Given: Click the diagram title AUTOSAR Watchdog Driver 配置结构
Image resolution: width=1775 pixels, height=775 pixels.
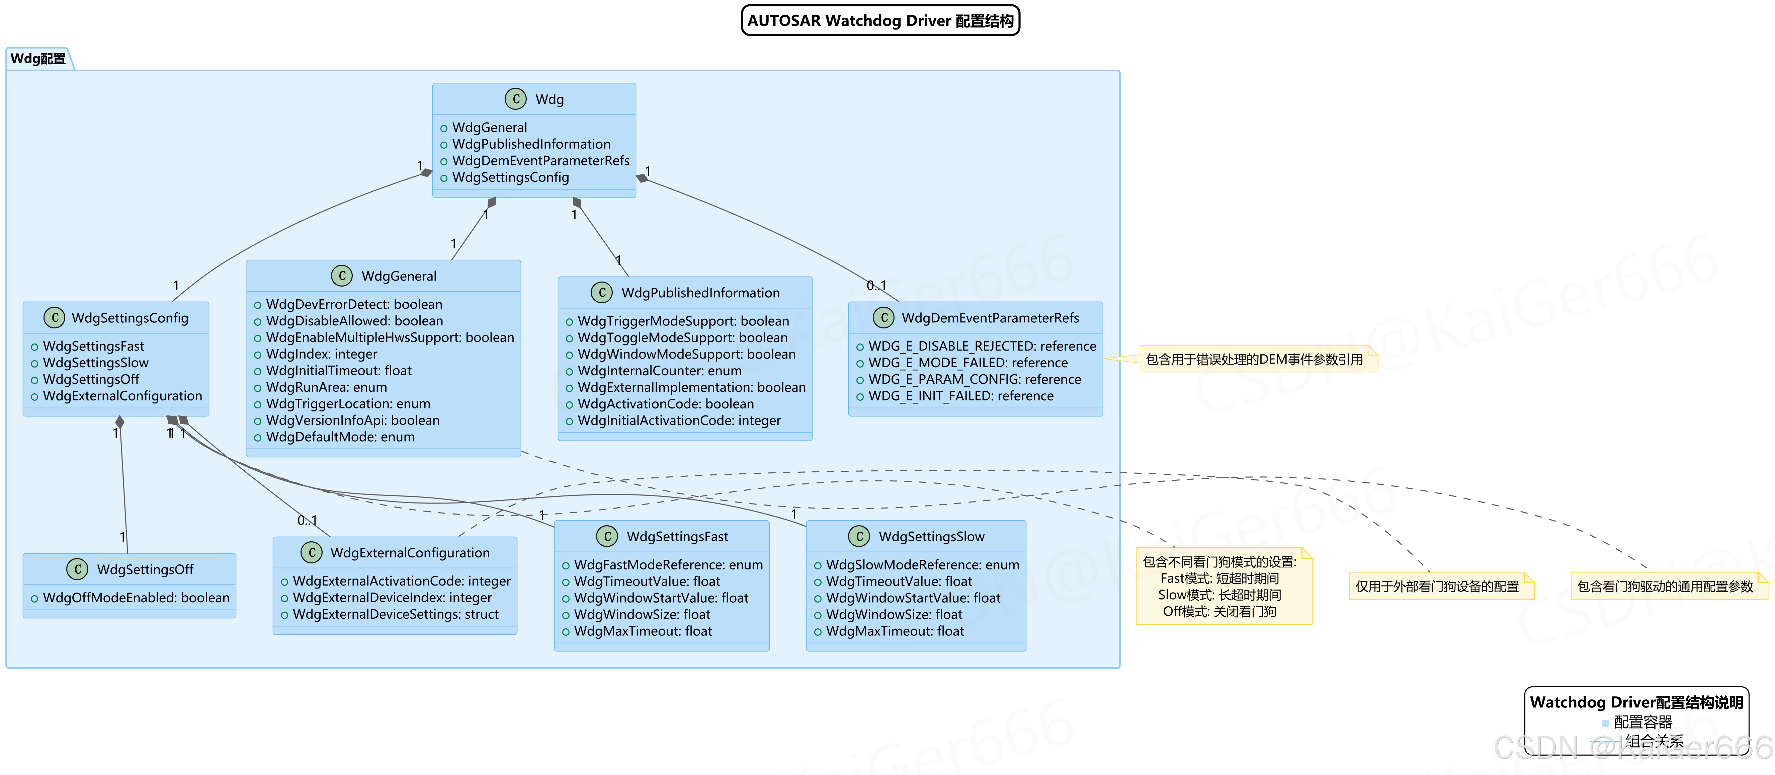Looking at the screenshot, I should click(x=880, y=21).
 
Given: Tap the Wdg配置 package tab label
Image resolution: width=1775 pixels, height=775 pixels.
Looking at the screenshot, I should click(x=38, y=59).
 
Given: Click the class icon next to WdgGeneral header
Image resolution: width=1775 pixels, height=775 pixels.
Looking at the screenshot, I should click(x=342, y=276).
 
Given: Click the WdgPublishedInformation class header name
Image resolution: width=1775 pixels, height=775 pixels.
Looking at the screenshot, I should click(x=700, y=292).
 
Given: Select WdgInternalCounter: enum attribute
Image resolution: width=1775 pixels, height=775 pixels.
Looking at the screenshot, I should click(x=659, y=370).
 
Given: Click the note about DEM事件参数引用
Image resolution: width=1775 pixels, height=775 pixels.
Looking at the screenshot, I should click(x=1254, y=359).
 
